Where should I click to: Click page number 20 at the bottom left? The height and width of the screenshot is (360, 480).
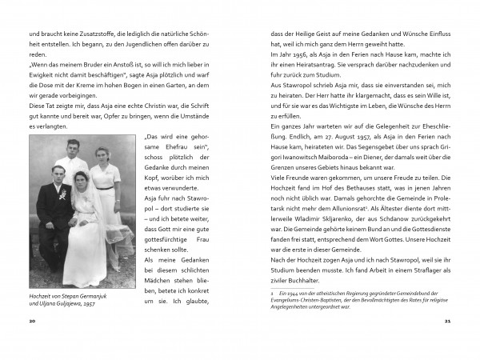tap(32, 319)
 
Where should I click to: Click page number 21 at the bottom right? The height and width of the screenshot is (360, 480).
tap(447, 319)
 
